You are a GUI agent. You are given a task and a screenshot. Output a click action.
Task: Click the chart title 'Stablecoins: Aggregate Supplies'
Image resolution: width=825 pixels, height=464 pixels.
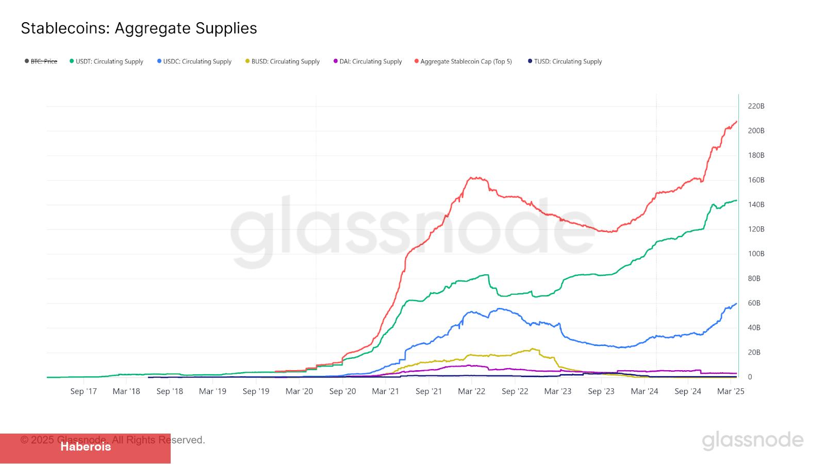pos(139,28)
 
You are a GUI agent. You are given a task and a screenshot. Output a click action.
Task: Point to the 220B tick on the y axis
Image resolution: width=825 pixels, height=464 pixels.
pos(756,106)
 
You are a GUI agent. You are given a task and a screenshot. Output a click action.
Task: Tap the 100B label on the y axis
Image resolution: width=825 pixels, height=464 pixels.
pos(756,254)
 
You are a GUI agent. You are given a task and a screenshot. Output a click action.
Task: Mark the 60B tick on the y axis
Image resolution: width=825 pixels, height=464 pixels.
pos(754,303)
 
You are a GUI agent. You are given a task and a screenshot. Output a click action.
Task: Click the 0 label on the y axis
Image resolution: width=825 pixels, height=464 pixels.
pos(750,377)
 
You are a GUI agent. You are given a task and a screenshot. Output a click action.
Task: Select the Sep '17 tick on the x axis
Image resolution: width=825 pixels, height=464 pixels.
pos(84,391)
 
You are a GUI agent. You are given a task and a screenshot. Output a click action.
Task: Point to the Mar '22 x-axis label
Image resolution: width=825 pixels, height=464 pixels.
pos(471,391)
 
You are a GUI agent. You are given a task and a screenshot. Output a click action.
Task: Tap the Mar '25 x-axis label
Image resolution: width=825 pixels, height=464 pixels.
pos(730,391)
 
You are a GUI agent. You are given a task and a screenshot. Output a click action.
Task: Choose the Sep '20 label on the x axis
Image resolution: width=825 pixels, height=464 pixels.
pos(342,391)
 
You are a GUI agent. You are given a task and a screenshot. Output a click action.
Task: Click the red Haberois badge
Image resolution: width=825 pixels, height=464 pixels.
pos(86,447)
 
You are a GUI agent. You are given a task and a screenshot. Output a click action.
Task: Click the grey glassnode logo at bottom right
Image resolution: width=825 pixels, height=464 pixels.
pos(752,440)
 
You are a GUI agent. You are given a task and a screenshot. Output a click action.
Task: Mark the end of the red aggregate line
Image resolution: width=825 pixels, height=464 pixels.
pos(736,122)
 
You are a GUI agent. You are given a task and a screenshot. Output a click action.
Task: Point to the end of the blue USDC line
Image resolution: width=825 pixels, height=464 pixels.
pos(736,304)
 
